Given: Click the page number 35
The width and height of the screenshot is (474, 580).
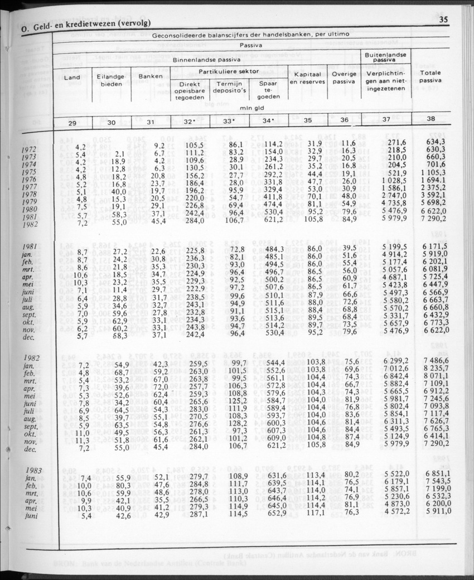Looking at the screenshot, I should [x=444, y=20].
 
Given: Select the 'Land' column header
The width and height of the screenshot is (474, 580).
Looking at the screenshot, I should [x=72, y=77].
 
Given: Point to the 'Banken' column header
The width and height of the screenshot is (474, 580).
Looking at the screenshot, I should [x=151, y=76].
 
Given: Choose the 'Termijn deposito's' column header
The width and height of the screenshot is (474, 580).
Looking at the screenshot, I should [x=229, y=87].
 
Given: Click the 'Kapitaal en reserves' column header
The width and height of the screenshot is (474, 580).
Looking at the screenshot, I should [x=307, y=78].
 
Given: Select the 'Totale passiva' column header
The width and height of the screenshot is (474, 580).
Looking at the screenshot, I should [x=431, y=76].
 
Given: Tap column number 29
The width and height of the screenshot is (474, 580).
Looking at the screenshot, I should [x=72, y=122].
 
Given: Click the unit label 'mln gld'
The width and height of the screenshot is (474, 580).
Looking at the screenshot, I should [x=251, y=109].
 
